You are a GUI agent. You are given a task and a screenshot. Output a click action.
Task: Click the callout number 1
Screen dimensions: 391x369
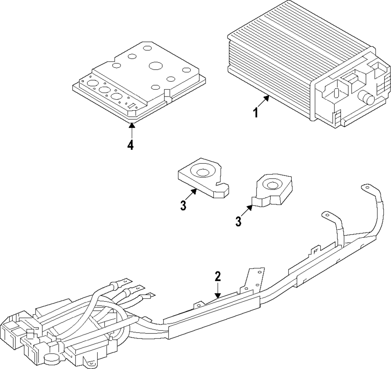click(256, 113)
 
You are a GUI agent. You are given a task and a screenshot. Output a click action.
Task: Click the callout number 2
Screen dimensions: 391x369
click(218, 277)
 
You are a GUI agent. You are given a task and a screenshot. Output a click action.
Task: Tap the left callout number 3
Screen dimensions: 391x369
click(183, 206)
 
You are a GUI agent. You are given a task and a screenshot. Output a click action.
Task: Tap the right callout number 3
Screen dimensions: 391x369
click(239, 221)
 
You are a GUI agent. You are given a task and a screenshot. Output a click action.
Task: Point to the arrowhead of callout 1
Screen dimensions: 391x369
click(267, 98)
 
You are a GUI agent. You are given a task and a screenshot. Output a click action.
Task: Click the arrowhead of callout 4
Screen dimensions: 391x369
click(131, 125)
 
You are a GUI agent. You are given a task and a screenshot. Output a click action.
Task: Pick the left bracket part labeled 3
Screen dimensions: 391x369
click(203, 178)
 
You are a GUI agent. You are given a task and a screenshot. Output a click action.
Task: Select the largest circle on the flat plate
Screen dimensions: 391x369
click(156, 66)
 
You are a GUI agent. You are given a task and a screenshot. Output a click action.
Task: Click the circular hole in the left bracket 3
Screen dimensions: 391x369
click(202, 172)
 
